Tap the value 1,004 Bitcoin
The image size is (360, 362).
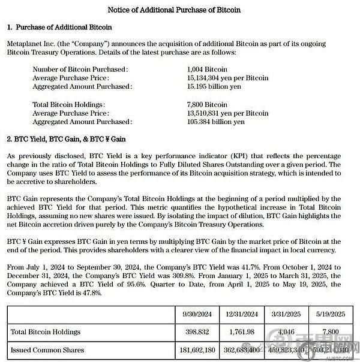[x=207, y=70]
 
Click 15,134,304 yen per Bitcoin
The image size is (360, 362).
[x=227, y=78]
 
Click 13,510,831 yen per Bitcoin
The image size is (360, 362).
[x=227, y=113]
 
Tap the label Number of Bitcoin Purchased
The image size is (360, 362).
[x=80, y=70]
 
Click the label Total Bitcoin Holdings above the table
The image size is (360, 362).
[x=68, y=104]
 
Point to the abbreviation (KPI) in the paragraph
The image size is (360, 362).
[x=218, y=156]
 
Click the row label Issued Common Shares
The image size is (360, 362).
[x=47, y=349]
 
